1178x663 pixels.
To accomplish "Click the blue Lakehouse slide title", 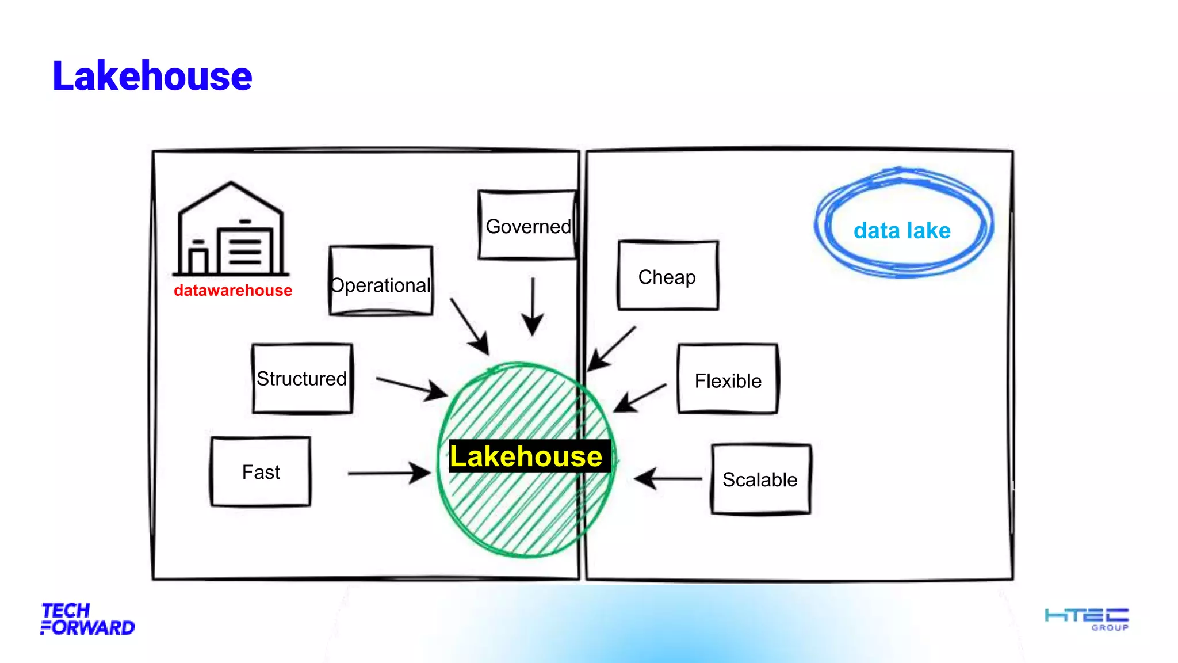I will [152, 76].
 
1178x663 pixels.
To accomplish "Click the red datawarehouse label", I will [233, 290].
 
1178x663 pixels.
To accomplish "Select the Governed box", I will [528, 226].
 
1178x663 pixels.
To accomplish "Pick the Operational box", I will [381, 281].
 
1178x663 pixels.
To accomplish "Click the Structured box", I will [302, 379].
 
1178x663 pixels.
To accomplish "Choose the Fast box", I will [261, 472].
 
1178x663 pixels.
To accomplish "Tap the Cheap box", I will [667, 276].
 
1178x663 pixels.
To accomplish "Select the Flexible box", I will [728, 380].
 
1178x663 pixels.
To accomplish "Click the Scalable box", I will [760, 479].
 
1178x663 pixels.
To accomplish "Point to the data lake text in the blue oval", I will [902, 230].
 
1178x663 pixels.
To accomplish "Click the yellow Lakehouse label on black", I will [526, 456].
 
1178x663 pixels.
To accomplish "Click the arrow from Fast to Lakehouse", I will [389, 473].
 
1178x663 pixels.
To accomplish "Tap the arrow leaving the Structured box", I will [411, 388].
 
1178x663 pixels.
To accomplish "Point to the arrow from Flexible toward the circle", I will [640, 398].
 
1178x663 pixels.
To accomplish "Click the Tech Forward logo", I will [87, 619].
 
